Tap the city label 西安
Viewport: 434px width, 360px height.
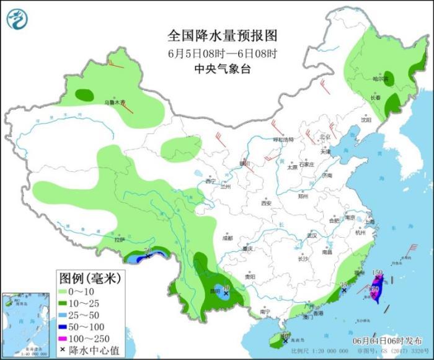coord(267,203)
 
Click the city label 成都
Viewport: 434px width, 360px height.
coord(228,238)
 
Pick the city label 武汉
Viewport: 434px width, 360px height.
coord(311,235)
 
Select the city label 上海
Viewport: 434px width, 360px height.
coord(370,222)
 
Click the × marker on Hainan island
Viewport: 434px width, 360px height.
coord(285,340)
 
